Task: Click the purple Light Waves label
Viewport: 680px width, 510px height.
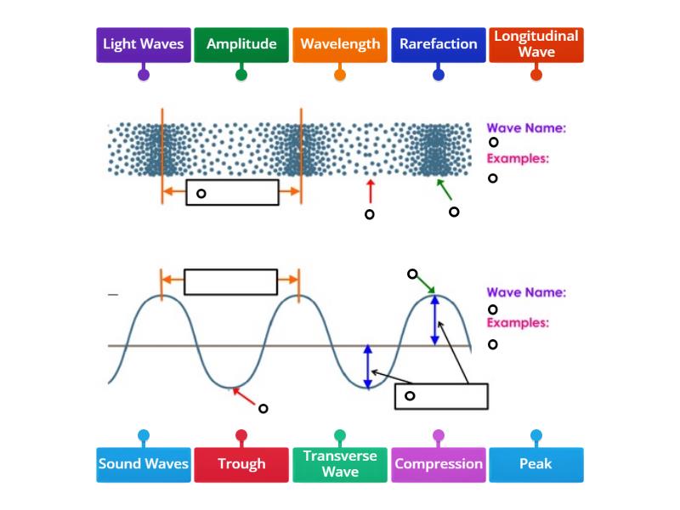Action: click(x=143, y=44)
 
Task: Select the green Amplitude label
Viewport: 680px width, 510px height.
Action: click(x=241, y=44)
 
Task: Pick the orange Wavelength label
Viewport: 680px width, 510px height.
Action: click(x=340, y=44)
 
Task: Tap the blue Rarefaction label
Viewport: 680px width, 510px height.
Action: click(x=438, y=44)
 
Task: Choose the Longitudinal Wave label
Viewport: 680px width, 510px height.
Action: click(x=536, y=44)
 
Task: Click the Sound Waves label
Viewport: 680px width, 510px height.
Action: click(x=143, y=464)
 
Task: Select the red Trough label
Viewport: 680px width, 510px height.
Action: click(x=241, y=464)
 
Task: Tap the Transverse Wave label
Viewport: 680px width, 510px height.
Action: click(x=340, y=464)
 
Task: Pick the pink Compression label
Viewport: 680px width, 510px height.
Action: click(x=438, y=464)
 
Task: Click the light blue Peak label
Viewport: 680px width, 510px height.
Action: click(x=536, y=464)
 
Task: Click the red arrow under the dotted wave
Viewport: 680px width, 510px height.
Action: click(x=370, y=190)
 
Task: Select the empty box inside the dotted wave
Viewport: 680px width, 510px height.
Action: click(x=232, y=192)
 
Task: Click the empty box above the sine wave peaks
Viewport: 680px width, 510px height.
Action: click(x=230, y=281)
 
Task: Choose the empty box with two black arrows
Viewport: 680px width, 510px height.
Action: click(x=441, y=396)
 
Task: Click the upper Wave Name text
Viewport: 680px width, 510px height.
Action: click(x=526, y=128)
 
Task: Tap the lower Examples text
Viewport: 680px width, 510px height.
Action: click(x=517, y=323)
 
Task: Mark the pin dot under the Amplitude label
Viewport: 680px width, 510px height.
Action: click(x=241, y=75)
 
